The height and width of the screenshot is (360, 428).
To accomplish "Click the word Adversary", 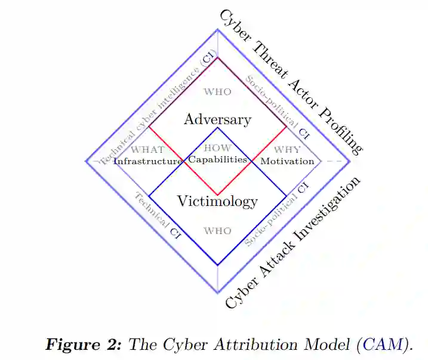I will (x=217, y=119).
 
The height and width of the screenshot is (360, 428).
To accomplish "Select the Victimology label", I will (x=217, y=201).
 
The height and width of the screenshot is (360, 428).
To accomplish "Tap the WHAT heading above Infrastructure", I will (x=147, y=149).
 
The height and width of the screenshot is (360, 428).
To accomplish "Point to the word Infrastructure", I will (x=147, y=161).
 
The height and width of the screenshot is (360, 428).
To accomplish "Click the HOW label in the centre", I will (x=217, y=148).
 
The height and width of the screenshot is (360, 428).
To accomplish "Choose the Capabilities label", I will (x=217, y=159).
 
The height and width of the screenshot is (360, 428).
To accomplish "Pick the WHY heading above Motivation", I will (x=288, y=149).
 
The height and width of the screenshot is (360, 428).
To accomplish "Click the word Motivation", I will (x=287, y=161).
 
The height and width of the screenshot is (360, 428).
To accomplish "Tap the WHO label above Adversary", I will (x=217, y=92).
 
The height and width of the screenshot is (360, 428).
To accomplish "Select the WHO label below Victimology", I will (x=217, y=231).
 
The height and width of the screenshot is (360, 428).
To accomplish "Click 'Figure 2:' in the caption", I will (x=84, y=344).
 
